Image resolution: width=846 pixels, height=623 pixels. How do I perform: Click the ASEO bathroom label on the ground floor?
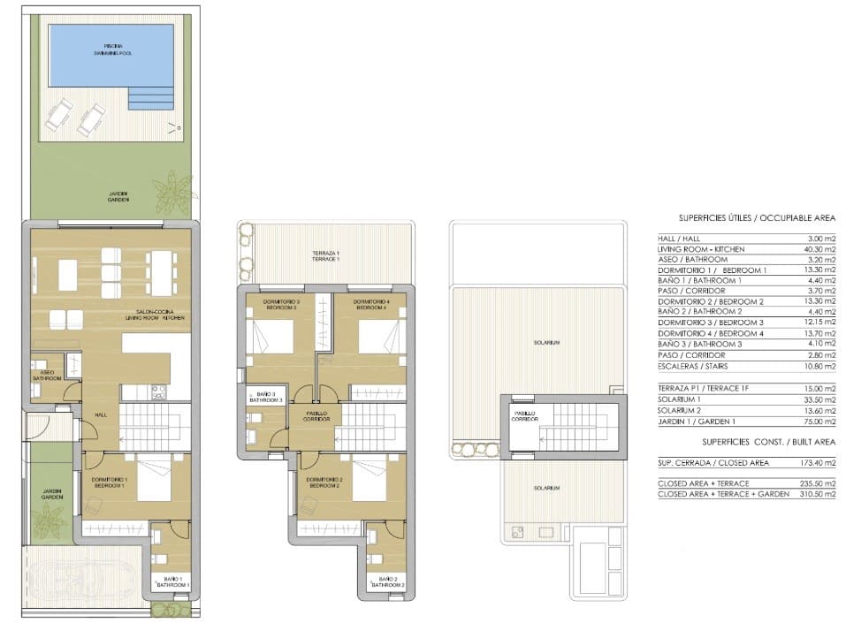(x=46, y=376)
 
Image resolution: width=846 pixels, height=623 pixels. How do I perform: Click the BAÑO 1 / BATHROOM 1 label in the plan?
(x=171, y=582)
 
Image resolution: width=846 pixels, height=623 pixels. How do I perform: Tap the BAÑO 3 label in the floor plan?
(x=265, y=397)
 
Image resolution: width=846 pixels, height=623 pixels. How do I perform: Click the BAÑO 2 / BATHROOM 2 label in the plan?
(x=386, y=582)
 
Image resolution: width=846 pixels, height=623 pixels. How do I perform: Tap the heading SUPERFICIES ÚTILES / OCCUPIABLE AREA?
(x=757, y=217)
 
